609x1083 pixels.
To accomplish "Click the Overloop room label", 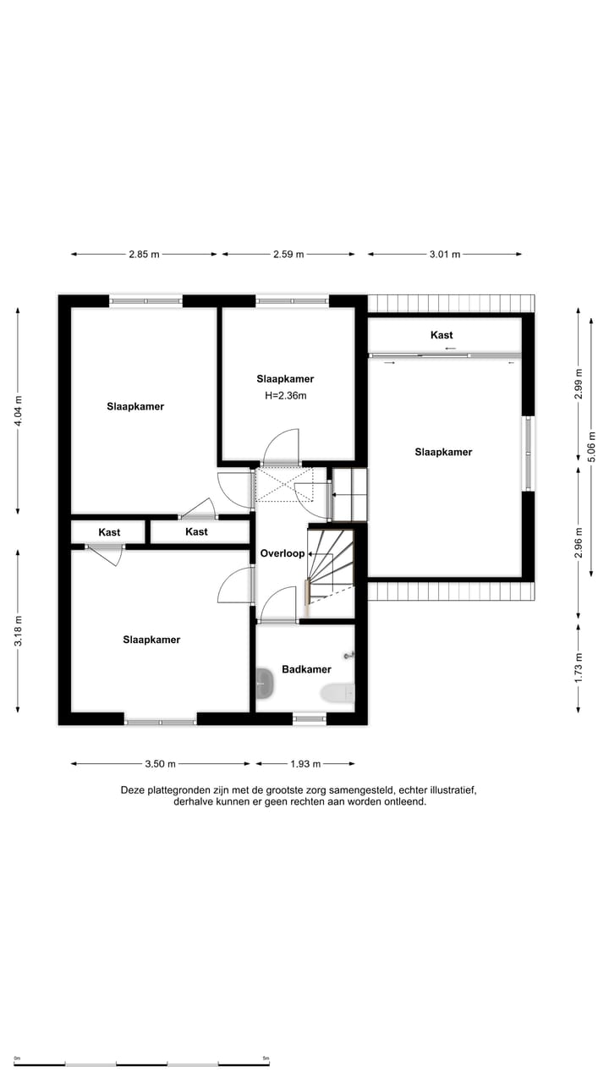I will [x=282, y=553].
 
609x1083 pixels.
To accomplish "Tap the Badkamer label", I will [x=306, y=669].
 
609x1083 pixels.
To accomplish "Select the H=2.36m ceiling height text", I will [x=285, y=395].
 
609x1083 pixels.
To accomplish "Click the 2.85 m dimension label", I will [x=144, y=254].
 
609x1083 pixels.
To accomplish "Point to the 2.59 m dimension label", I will [x=288, y=254].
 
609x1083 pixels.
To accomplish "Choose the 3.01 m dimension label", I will [x=445, y=254].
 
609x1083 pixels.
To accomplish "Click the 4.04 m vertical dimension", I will [x=19, y=411].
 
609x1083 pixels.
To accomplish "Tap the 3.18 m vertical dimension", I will [x=19, y=630].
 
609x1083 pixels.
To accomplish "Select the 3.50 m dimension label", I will [x=160, y=764].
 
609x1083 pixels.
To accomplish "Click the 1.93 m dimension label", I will [x=305, y=764].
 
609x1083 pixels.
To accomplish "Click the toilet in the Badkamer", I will [x=338, y=693].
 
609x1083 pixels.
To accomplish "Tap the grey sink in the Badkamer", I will [x=266, y=683].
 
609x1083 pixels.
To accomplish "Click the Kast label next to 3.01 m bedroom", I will [x=442, y=335].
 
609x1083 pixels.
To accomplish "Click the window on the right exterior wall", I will [x=529, y=453].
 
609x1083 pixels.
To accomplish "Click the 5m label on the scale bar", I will [x=266, y=1058].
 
